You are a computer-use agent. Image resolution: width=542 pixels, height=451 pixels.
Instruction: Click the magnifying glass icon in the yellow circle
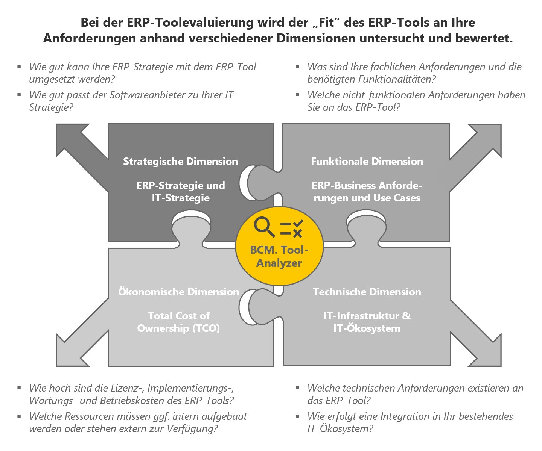[x=264, y=227]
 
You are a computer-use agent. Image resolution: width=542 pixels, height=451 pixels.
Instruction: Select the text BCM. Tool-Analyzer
[x=279, y=256]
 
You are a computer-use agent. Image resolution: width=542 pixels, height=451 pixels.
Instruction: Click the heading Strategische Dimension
[x=180, y=162]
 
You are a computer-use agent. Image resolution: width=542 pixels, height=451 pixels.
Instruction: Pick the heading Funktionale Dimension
[x=367, y=162]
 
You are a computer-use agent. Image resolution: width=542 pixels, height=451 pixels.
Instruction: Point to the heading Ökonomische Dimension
[x=178, y=292]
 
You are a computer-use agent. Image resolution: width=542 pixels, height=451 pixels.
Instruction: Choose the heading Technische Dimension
[x=367, y=292]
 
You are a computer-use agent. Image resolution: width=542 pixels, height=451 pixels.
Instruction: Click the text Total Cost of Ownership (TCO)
[x=178, y=322]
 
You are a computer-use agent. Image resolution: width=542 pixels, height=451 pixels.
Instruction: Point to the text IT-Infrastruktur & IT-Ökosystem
[x=367, y=322]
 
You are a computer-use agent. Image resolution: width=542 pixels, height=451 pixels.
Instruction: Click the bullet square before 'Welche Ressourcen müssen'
[x=19, y=416]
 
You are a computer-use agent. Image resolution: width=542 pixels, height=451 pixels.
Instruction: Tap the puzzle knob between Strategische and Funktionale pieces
[x=260, y=182]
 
